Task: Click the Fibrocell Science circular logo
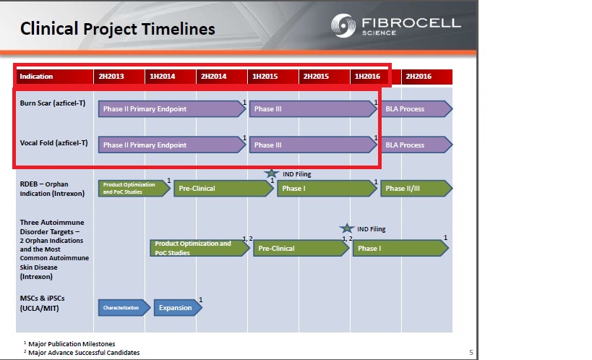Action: pos(343,26)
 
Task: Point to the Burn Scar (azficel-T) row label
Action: pos(53,103)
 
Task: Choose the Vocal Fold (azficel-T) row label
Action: pos(53,143)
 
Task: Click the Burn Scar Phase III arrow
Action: pos(313,108)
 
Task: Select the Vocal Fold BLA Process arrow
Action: pos(416,145)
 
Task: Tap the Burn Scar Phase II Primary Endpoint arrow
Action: pos(172,108)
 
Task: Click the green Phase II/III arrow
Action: pos(416,189)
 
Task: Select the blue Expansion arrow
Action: pos(178,307)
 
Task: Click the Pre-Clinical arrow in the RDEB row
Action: pos(223,189)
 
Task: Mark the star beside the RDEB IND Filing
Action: pos(271,173)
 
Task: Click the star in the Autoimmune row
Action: pos(346,228)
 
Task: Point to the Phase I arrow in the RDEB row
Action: pos(327,189)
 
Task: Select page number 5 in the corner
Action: pos(471,353)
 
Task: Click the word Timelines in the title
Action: pos(179,29)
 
